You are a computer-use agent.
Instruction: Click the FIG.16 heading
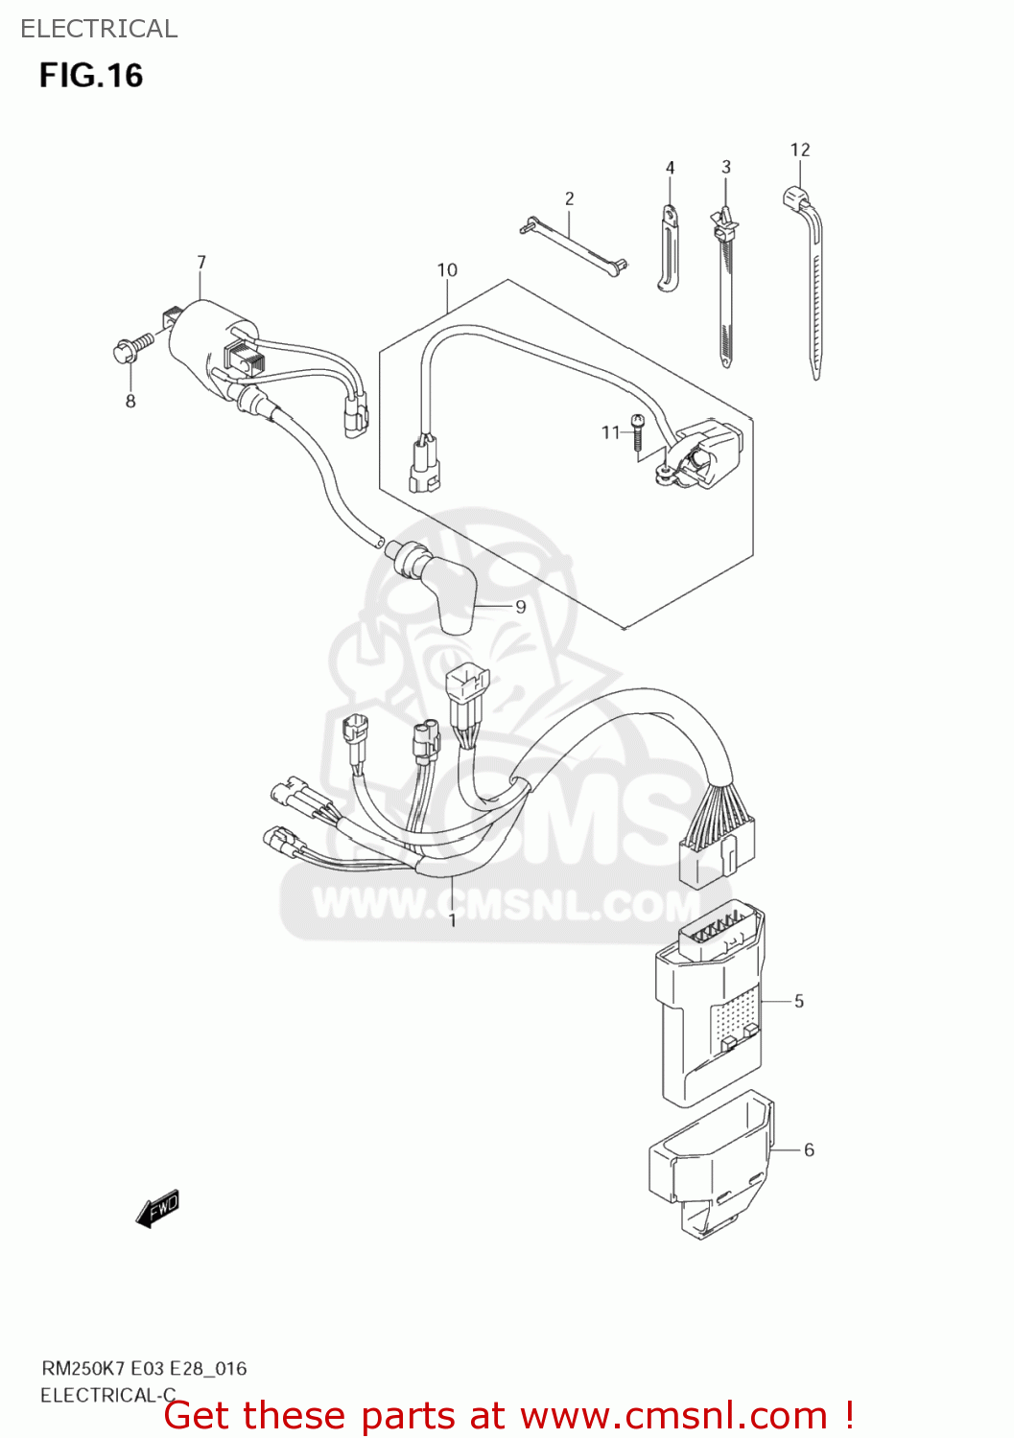[x=91, y=76]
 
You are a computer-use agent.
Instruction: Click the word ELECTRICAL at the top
[x=99, y=29]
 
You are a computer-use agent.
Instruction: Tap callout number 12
[x=800, y=150]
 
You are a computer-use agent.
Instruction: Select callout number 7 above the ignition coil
[x=201, y=262]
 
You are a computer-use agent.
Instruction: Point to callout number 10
[x=447, y=270]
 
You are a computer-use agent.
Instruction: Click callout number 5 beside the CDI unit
[x=799, y=1001]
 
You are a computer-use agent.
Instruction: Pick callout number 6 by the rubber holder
[x=809, y=1149]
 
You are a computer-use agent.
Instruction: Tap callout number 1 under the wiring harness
[x=453, y=920]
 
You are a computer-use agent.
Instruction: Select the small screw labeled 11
[x=637, y=431]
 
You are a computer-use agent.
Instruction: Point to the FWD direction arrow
[x=157, y=1209]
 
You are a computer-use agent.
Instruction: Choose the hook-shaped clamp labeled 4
[x=669, y=247]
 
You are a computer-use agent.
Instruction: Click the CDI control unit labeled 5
[x=709, y=1004]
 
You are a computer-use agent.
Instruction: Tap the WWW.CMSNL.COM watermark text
[x=506, y=903]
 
